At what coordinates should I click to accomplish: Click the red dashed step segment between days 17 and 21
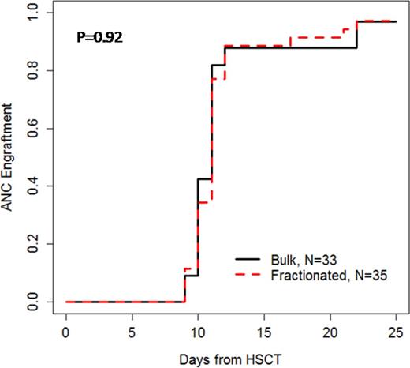pos(315,37)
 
